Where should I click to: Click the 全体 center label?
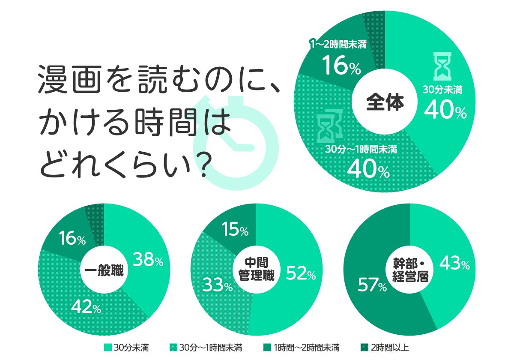[x=385, y=103]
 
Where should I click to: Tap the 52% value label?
[x=301, y=273]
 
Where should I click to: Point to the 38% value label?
[x=148, y=259]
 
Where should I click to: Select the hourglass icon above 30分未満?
[x=442, y=66]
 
